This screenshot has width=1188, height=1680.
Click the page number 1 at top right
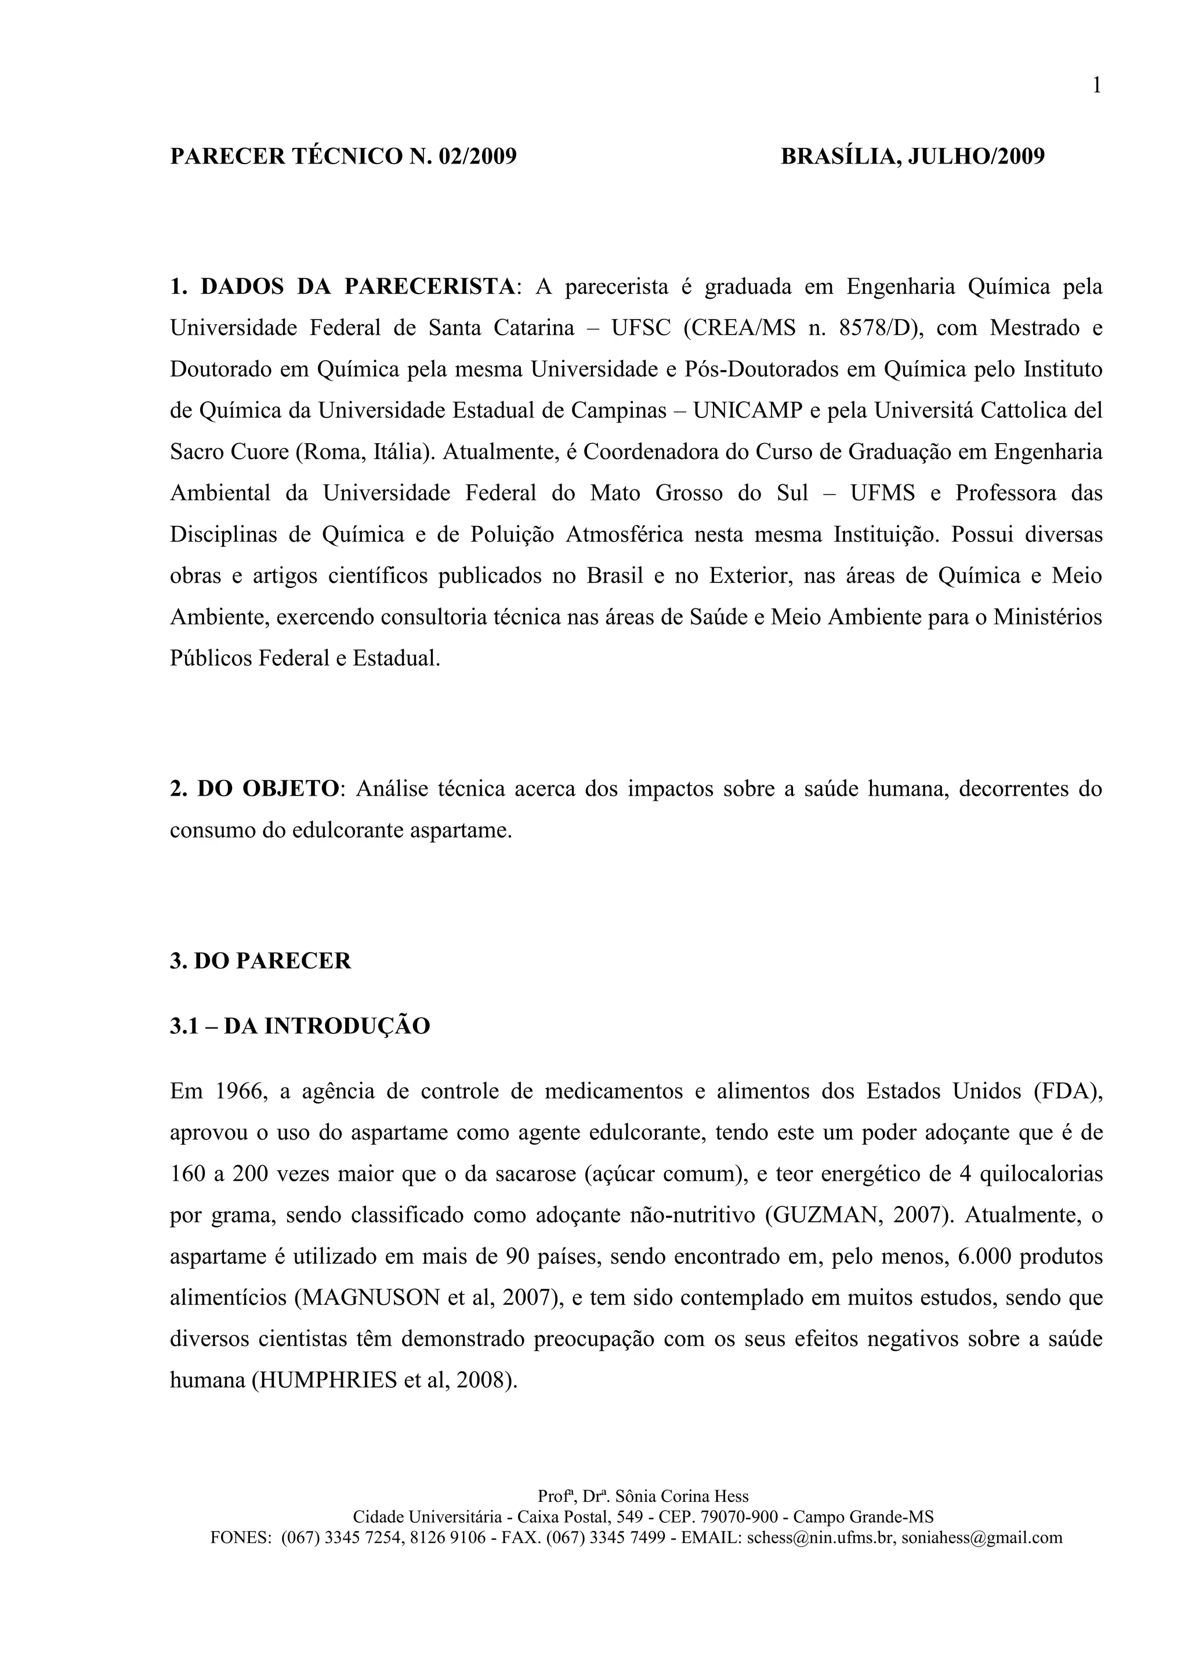(x=1096, y=86)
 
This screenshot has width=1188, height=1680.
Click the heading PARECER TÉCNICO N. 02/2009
(x=343, y=157)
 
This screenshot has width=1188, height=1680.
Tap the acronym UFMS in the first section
(x=882, y=493)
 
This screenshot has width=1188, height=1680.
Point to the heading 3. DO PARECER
(x=260, y=961)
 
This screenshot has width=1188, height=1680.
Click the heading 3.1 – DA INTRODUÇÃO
(x=300, y=1026)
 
